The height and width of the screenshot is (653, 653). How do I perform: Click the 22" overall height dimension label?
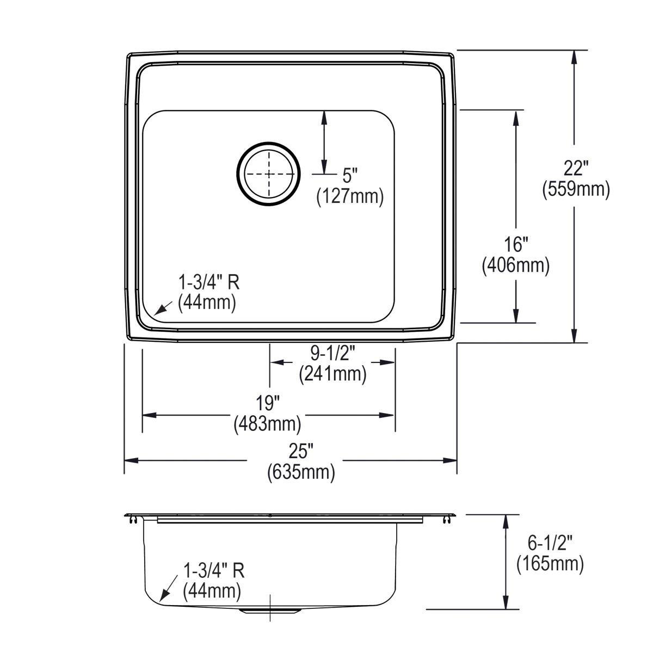click(575, 168)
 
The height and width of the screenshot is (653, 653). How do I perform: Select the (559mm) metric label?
click(576, 189)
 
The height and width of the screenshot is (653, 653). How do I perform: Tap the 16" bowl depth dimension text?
click(516, 245)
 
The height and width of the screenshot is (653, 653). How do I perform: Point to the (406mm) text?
click(516, 266)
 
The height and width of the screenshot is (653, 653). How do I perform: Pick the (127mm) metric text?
click(350, 196)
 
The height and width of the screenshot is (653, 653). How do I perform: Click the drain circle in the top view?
click(269, 174)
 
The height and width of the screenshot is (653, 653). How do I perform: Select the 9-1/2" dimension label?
click(332, 354)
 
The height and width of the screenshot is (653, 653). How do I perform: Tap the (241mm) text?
click(332, 374)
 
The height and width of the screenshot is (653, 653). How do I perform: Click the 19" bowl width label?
click(267, 403)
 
